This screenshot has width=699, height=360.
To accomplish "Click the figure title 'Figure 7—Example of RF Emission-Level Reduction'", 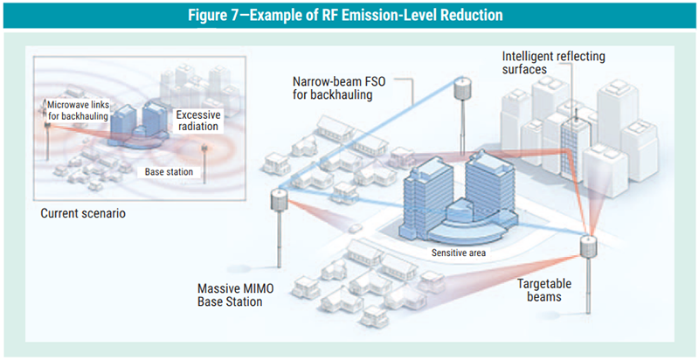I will (349, 15).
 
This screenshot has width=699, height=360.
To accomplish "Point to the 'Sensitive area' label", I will (459, 253).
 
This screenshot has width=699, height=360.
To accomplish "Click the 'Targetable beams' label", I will (551, 290).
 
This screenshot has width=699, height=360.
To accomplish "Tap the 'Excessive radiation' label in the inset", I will (197, 121).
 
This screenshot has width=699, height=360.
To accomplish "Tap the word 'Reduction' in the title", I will (469, 15).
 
